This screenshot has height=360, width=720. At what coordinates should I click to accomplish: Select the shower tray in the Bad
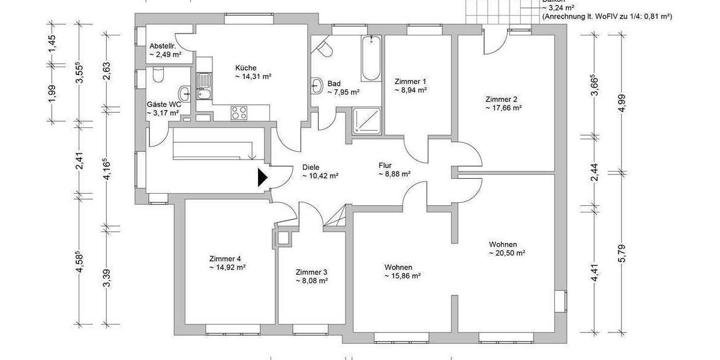367,121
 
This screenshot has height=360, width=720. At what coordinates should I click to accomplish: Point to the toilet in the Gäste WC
158,75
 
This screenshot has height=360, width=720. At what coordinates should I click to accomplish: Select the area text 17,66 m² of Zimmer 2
503,109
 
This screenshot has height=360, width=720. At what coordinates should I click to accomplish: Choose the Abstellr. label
162,46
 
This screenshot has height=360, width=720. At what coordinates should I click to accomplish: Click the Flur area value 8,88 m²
394,174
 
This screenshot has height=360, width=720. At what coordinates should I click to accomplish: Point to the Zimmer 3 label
311,272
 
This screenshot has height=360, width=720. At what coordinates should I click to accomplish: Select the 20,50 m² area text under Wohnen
507,253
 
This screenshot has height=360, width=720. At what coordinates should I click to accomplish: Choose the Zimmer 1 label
410,81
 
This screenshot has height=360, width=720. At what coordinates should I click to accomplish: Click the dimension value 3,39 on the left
107,278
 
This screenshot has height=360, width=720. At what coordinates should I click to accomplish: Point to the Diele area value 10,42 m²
320,176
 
